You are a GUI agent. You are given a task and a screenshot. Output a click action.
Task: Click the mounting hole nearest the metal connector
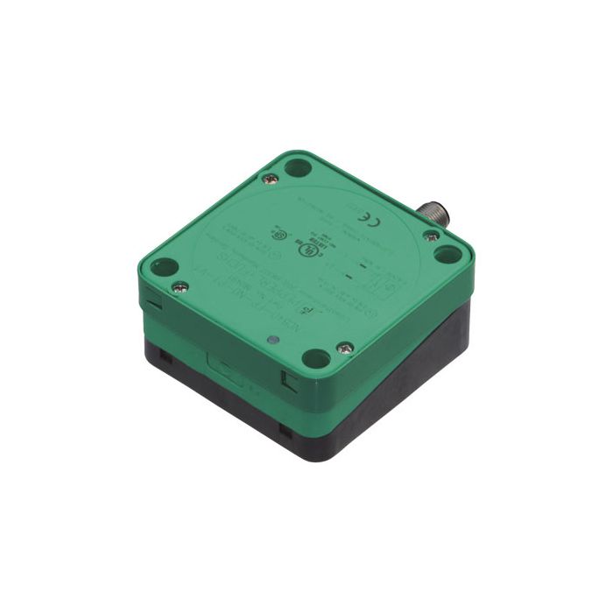(447, 255)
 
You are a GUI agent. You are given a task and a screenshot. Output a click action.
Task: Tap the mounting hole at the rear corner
(299, 166)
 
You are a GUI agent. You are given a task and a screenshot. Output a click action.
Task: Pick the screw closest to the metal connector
(431, 235)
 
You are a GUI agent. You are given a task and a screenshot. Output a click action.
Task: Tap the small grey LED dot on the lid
(274, 337)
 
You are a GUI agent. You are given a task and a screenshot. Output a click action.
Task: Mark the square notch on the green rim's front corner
(286, 379)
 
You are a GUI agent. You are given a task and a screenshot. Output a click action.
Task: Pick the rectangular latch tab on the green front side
(222, 361)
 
